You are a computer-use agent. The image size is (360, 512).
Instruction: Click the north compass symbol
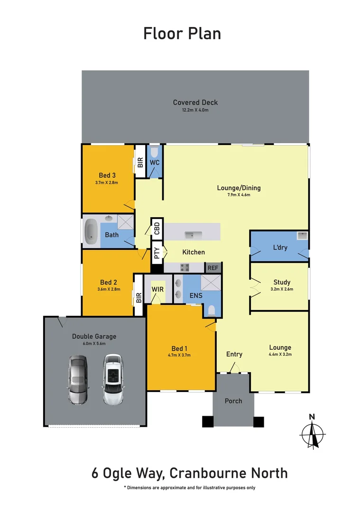coord(312,432)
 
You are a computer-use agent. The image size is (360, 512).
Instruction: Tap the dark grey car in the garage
coord(78,380)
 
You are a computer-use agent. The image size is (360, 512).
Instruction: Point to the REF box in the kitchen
coord(213,268)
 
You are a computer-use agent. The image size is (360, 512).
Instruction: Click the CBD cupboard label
coord(157,229)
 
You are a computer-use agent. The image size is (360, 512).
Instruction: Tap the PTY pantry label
coord(157,253)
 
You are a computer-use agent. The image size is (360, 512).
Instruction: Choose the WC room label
coord(155,162)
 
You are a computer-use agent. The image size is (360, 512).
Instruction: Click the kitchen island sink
coord(194,235)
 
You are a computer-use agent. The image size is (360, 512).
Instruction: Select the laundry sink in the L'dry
coord(302,236)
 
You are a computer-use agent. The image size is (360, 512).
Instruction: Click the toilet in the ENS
coord(212,311)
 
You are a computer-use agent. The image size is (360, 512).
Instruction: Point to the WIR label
coord(157,289)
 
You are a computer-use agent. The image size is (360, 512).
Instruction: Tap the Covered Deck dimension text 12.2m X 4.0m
coord(195,110)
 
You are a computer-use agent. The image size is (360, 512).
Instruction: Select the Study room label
coord(282,282)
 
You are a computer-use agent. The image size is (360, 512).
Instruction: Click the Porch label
coord(233,401)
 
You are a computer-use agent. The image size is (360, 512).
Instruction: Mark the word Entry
coord(234,354)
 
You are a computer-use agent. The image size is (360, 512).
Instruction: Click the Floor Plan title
coord(182,34)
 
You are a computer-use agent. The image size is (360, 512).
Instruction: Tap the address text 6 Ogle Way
coord(128,473)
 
